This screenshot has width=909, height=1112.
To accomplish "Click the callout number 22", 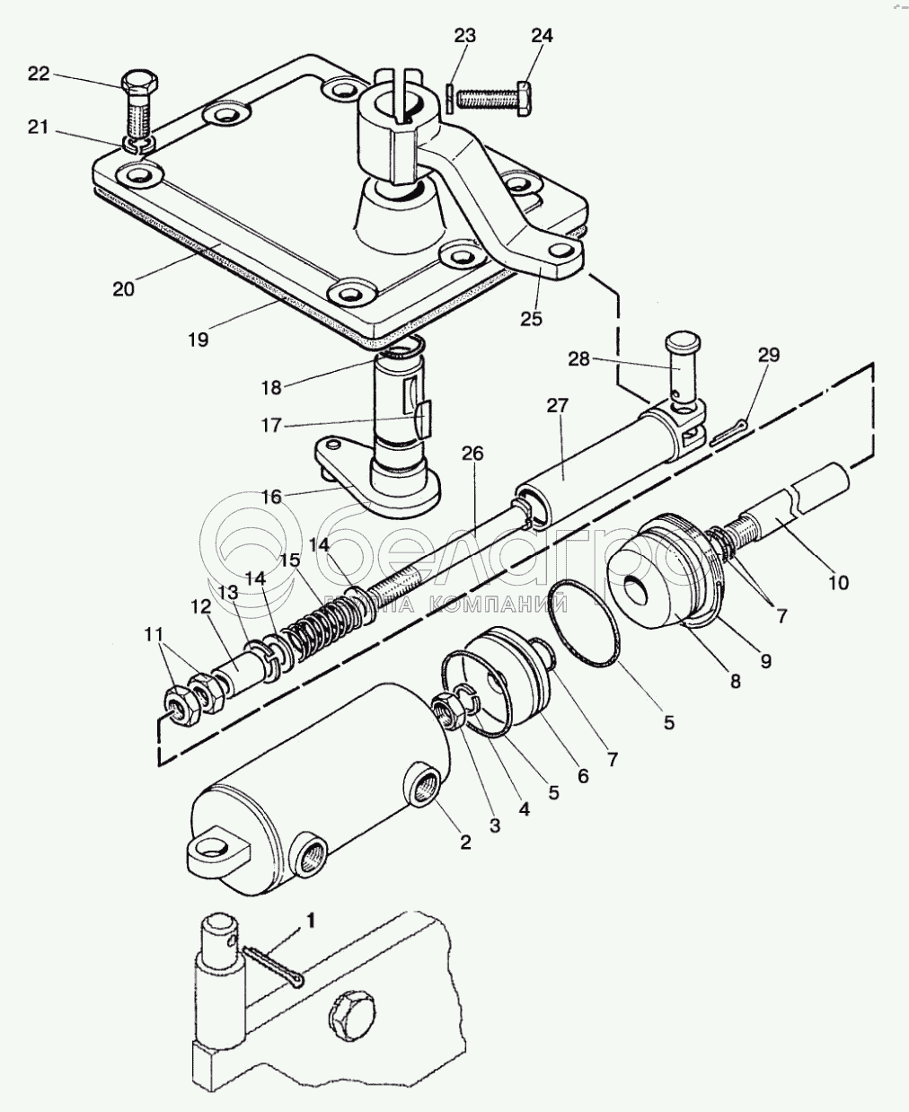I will (x=39, y=74).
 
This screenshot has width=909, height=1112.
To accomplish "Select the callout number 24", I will (x=542, y=36).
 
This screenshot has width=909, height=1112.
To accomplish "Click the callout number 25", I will (x=532, y=319).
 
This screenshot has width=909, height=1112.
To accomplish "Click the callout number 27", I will (x=558, y=406).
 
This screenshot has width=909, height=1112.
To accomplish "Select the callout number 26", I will (x=472, y=454).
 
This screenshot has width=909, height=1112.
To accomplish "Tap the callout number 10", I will (x=837, y=582).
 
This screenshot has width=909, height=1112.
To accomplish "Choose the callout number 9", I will (x=765, y=662).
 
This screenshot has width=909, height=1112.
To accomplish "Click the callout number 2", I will (x=465, y=842).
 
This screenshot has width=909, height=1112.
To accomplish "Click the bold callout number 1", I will (x=312, y=921).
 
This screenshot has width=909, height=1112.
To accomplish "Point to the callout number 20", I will (x=123, y=289).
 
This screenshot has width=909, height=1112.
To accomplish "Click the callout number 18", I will (x=271, y=387).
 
